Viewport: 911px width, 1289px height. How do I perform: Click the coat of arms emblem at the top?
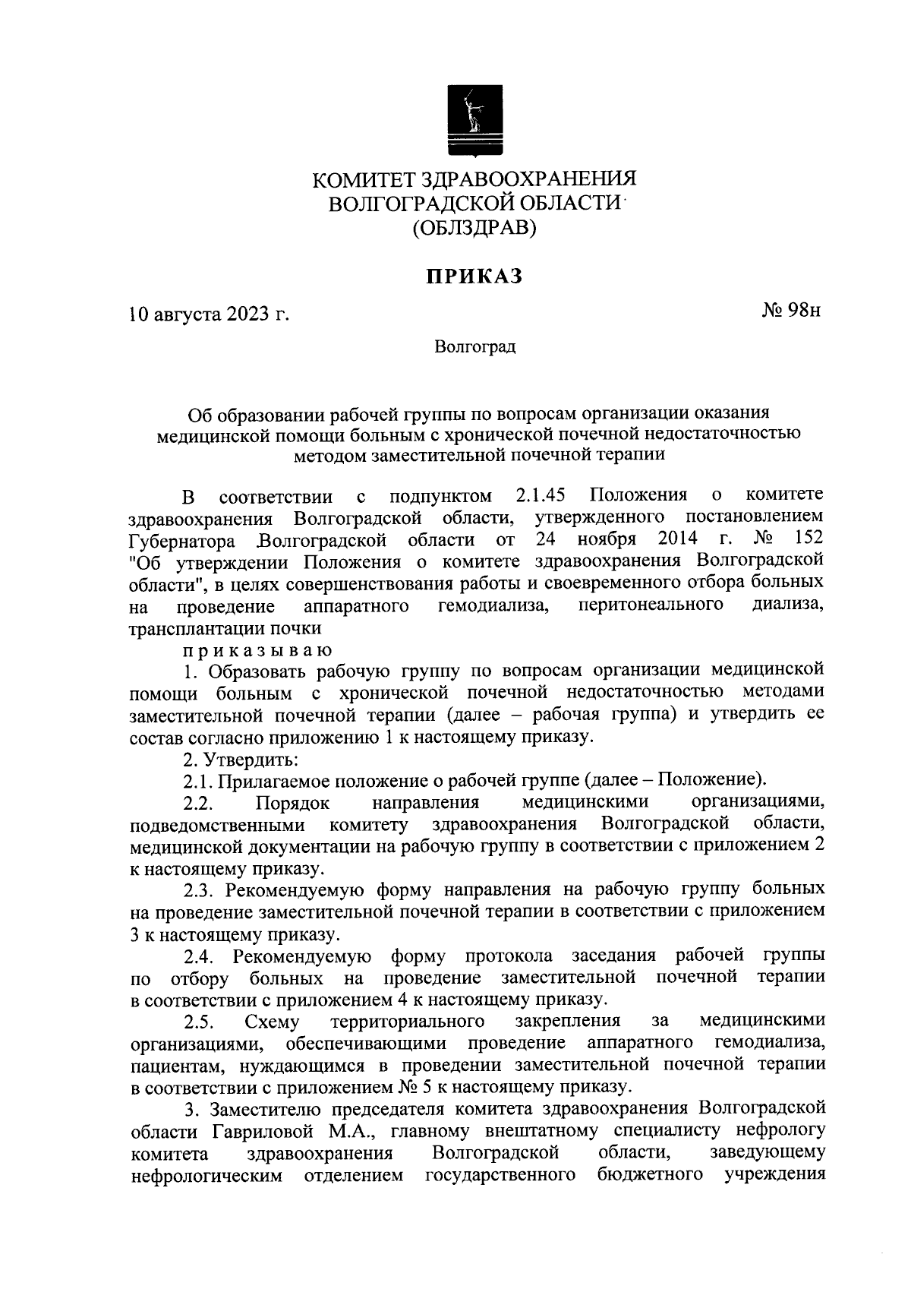coord(474,119)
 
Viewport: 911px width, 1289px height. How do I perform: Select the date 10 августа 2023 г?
coord(210,314)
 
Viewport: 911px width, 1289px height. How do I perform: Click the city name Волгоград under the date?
coord(475,347)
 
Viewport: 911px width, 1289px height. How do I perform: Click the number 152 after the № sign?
coord(807,539)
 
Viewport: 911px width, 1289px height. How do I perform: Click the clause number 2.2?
coord(201,803)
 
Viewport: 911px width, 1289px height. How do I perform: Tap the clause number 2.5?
coord(201,1021)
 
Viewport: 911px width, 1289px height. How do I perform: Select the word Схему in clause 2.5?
coord(273,1021)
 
